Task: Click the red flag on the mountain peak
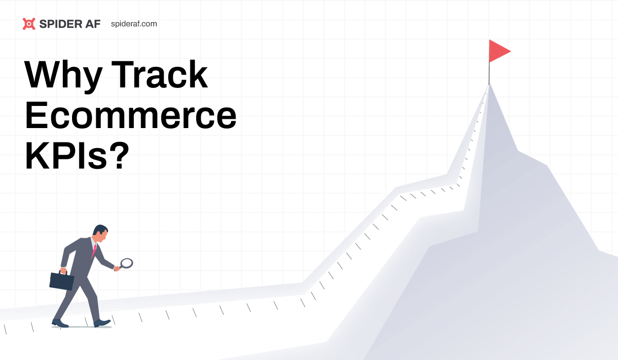[x=498, y=51]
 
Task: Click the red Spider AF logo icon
[x=29, y=24]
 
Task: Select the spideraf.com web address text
[x=134, y=24]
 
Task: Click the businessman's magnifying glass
[x=126, y=264]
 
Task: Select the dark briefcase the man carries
[x=62, y=280]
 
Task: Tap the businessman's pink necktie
[x=94, y=250]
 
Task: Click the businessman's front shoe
[x=102, y=323]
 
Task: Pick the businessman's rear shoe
[x=60, y=323]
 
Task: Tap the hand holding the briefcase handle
[x=63, y=269]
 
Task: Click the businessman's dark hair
[x=99, y=229]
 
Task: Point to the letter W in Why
[x=44, y=76]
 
